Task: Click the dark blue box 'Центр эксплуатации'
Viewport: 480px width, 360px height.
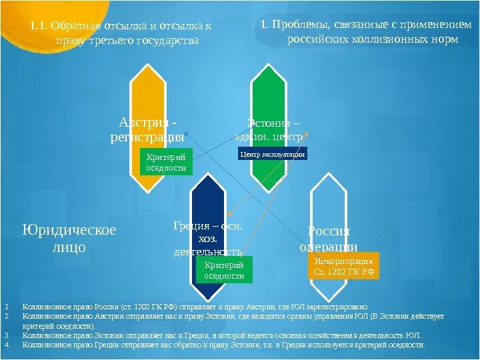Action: [x=272, y=155]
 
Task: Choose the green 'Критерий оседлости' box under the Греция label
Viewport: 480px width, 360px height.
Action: [x=224, y=271]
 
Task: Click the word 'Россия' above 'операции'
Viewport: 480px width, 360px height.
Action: [x=329, y=231]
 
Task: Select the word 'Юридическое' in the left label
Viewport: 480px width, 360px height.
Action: [x=69, y=230]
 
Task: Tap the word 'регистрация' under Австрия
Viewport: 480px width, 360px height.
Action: [x=147, y=137]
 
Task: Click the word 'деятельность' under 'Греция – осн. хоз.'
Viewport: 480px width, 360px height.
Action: [x=208, y=252]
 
